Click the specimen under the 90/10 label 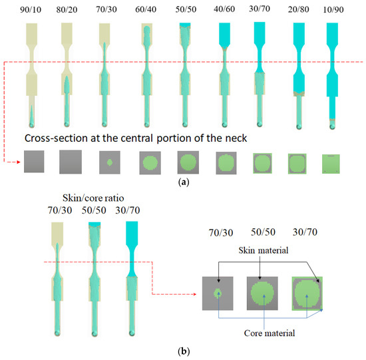[32, 73]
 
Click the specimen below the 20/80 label [299, 73]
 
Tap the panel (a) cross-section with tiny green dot [108, 162]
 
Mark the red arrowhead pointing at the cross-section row [17, 162]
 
